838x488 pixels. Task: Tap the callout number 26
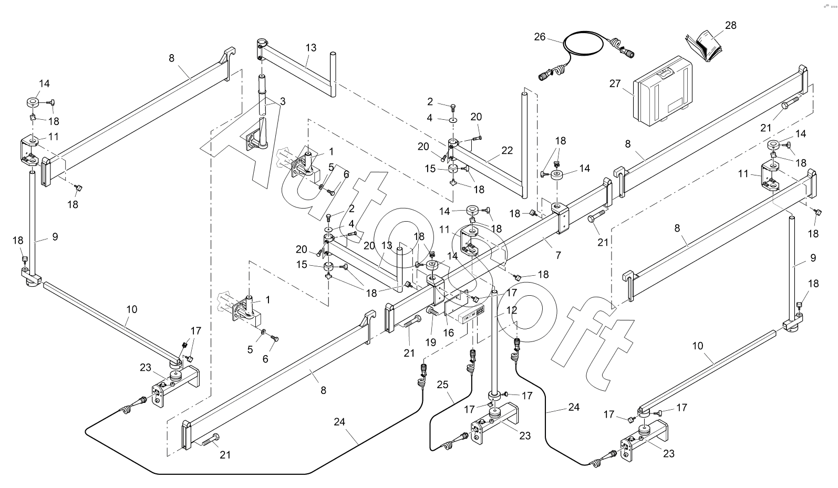[540, 37]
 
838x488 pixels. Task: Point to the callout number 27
[615, 84]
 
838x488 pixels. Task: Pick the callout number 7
[558, 255]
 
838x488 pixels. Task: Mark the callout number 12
[512, 310]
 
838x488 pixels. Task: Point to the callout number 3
[283, 101]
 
